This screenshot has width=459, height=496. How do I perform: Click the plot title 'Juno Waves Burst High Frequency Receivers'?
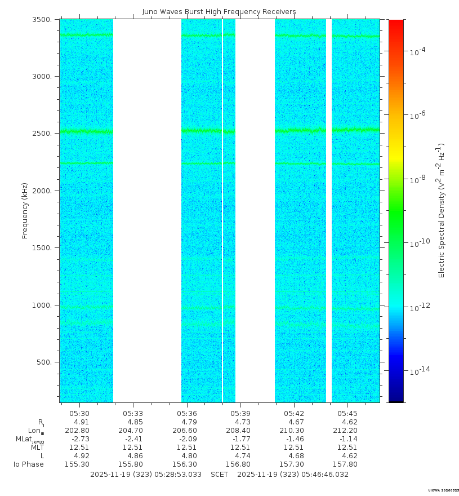(219, 12)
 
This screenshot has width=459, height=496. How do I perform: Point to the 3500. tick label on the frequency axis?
(42, 20)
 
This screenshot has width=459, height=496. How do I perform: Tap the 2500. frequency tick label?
(42, 134)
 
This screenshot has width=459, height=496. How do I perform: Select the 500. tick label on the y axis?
(44, 362)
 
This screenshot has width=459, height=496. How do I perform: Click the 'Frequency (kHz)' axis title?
(25, 211)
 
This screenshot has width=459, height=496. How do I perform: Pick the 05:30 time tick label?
(79, 414)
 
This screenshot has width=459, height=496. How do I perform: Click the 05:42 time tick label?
(294, 414)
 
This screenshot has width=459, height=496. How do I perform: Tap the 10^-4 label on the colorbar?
(417, 51)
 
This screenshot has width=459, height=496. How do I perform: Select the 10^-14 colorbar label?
(420, 370)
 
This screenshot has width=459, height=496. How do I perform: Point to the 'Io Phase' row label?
(29, 464)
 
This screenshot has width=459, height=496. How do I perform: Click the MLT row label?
(37, 448)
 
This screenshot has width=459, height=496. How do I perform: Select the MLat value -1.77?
(241, 439)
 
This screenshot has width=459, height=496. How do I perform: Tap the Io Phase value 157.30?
(292, 464)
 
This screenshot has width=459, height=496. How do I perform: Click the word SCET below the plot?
(220, 475)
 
